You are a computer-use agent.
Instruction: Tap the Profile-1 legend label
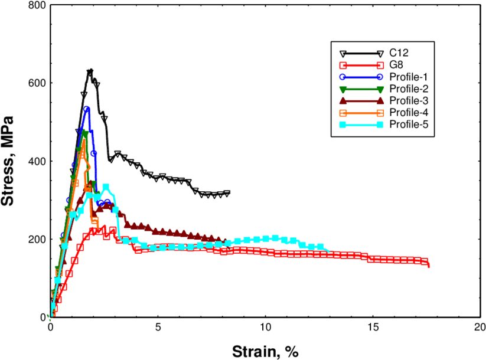tap(408, 77)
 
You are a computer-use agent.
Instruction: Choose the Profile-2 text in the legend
tap(408, 89)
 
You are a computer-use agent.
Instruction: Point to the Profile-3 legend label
tap(408, 100)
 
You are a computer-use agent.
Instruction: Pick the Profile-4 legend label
tap(408, 112)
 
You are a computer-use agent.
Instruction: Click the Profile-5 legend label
tap(408, 125)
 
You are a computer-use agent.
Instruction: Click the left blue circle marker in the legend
tap(341, 77)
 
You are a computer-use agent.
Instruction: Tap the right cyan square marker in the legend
tap(380, 125)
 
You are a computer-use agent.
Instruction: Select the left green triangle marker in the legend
tap(341, 89)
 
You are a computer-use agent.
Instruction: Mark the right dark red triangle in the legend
tap(380, 100)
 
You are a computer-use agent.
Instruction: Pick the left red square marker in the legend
tap(341, 65)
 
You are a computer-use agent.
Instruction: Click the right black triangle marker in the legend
tap(380, 53)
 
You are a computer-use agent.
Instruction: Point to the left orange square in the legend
tap(341, 112)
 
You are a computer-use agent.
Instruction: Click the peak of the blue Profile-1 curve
tap(87, 109)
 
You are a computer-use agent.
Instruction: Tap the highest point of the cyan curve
tap(106, 187)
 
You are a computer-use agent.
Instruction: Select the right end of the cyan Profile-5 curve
tap(328, 252)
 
